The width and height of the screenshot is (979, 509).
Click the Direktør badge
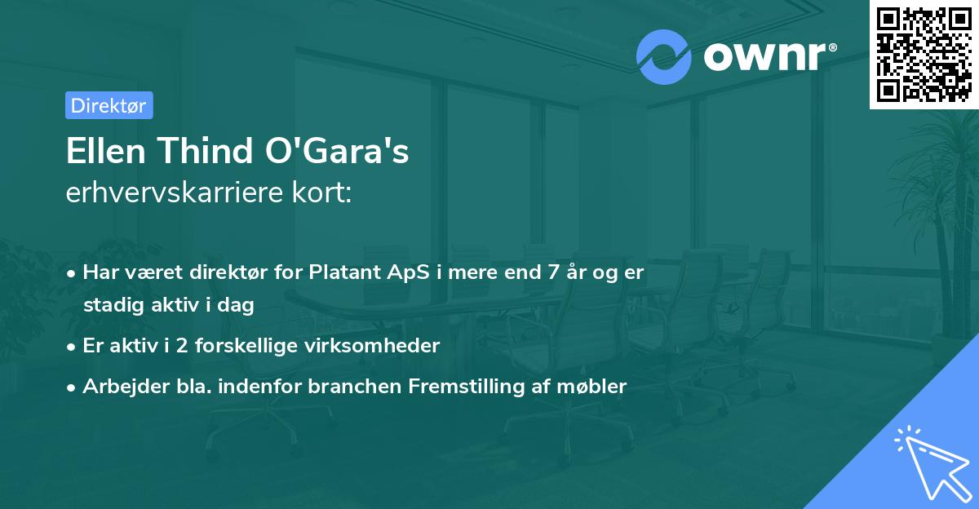[x=109, y=105]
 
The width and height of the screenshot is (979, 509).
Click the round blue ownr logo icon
[x=664, y=57]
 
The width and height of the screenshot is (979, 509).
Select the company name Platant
[x=343, y=272]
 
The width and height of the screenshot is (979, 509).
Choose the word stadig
[x=111, y=305]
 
